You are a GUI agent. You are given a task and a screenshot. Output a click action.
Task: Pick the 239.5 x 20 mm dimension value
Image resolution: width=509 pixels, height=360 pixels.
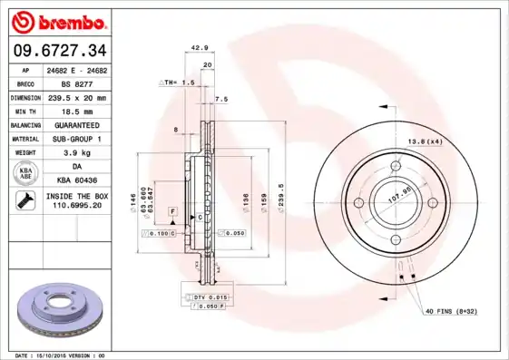[x=77, y=97]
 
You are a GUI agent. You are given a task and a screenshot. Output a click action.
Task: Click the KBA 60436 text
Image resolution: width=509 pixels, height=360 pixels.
[x=77, y=180]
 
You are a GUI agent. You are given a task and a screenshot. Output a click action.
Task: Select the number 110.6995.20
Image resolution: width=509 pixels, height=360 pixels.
[x=77, y=206]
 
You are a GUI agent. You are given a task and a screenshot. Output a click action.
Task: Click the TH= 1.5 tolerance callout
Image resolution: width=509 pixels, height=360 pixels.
[x=179, y=82]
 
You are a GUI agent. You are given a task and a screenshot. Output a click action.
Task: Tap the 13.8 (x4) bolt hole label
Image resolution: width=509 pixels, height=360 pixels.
[x=425, y=142]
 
